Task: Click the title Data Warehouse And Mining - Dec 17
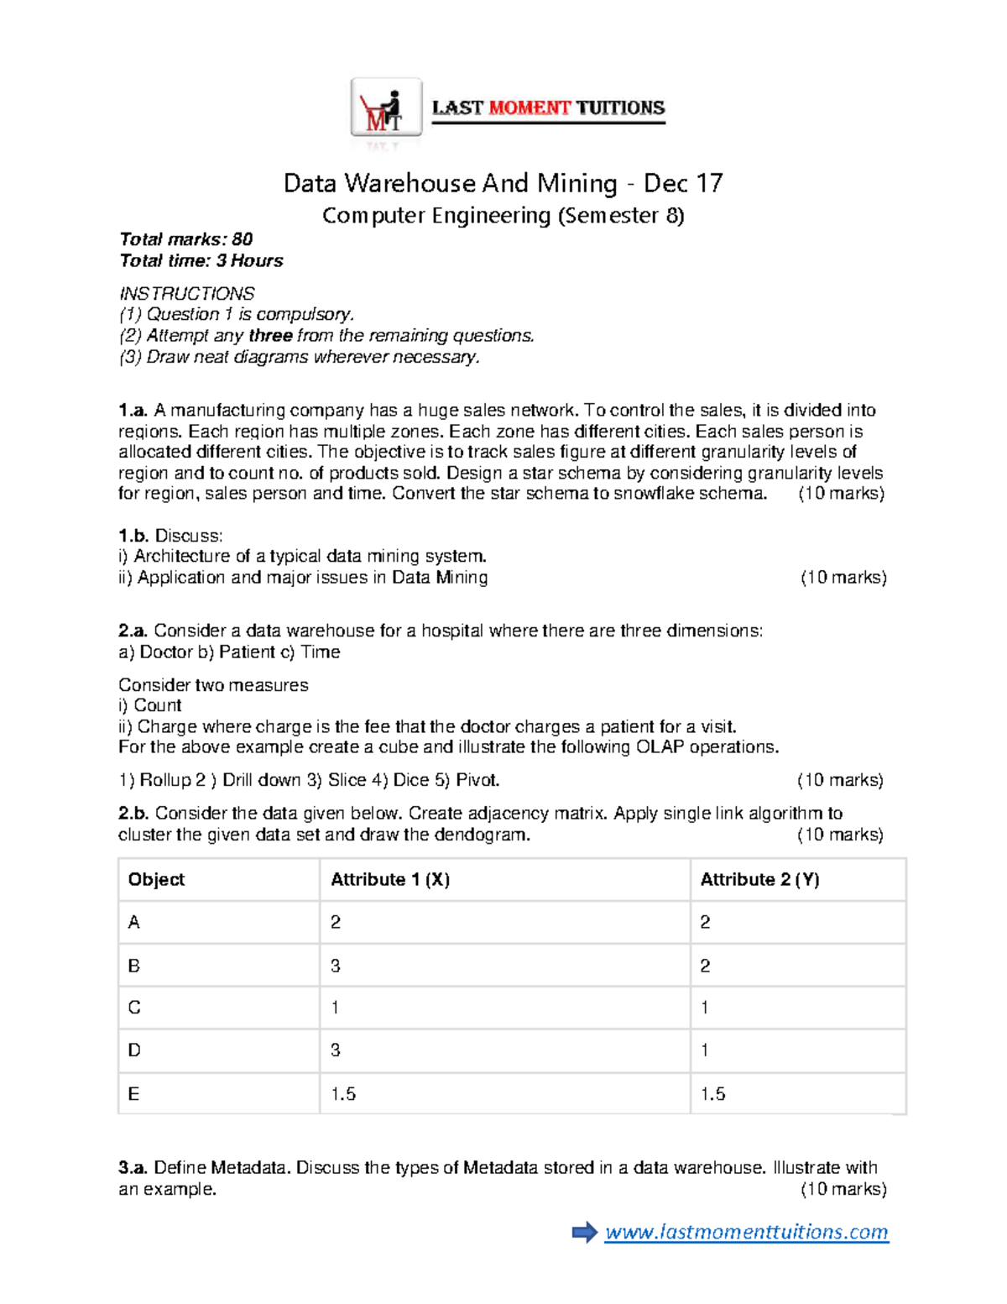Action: coord(503,183)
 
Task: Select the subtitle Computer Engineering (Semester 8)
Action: coord(503,216)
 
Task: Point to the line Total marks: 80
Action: coord(185,239)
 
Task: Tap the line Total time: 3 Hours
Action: coord(201,260)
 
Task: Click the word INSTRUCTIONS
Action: coord(186,293)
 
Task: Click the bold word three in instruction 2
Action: coord(270,336)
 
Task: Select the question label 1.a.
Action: coord(133,411)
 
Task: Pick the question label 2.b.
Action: coord(133,813)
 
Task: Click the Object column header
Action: coord(156,879)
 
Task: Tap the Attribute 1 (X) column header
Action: coord(390,879)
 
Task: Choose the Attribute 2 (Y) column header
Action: coord(759,879)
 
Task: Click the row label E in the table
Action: coord(133,1093)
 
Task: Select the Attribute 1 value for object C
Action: coord(335,1008)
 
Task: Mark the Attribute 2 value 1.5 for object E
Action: coord(712,1093)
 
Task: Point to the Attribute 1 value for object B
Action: coord(336,966)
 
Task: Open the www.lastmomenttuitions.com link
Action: coord(746,1232)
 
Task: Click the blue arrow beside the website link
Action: coord(584,1232)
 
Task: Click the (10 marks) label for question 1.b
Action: coord(843,578)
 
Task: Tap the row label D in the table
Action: coord(134,1050)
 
